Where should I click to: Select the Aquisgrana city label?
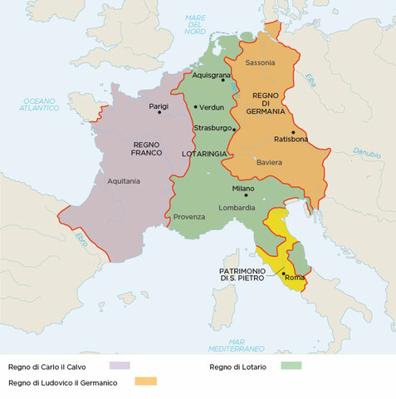(x=211, y=75)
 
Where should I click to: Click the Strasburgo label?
(x=213, y=129)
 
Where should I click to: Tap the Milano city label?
(x=243, y=189)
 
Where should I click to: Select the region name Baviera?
(x=268, y=162)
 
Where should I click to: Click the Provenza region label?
(x=189, y=217)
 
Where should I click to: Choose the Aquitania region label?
(x=124, y=180)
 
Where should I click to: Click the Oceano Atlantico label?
(x=40, y=104)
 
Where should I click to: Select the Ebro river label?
(x=81, y=239)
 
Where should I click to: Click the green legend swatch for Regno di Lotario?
(x=291, y=365)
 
